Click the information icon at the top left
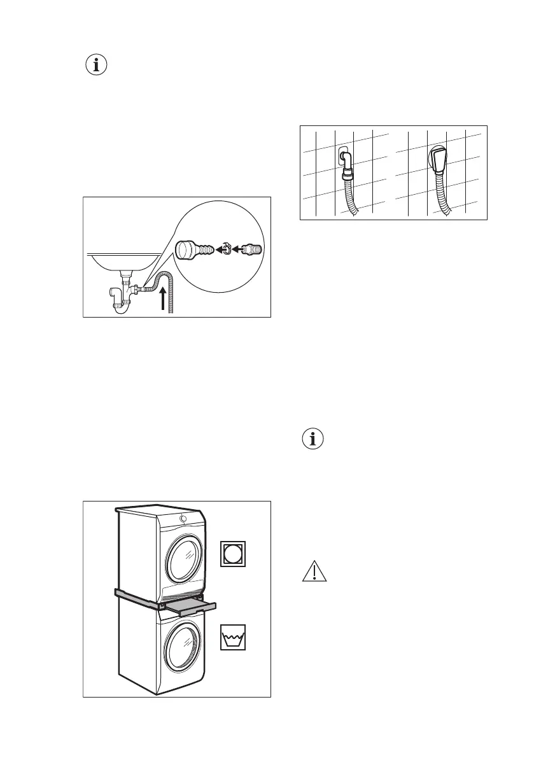coord(97,66)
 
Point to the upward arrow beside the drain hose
coord(166,298)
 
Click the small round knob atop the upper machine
coord(183,519)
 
